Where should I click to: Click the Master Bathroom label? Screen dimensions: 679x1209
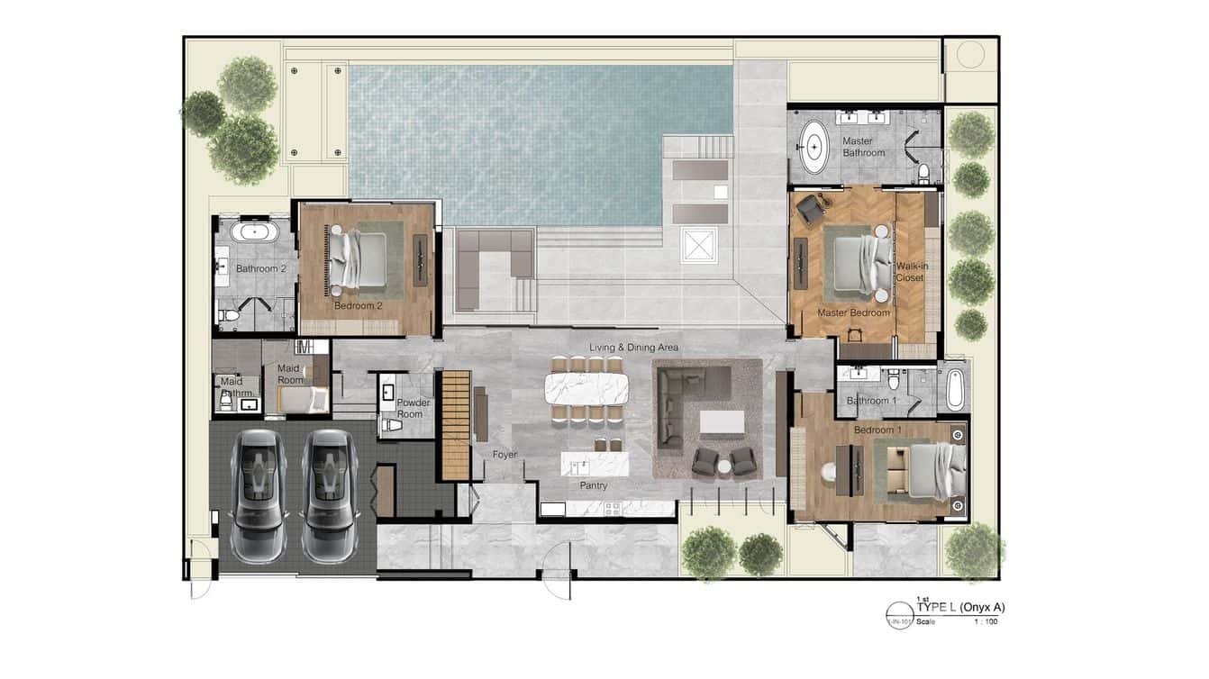pyautogui.click(x=863, y=147)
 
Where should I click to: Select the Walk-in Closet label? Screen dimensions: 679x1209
pyautogui.click(x=910, y=272)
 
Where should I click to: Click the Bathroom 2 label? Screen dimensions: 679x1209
pyautogui.click(x=261, y=268)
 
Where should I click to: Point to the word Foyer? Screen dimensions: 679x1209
pyautogui.click(x=505, y=455)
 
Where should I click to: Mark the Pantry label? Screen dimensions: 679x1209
pyautogui.click(x=594, y=486)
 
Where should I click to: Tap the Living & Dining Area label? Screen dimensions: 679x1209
pyautogui.click(x=633, y=347)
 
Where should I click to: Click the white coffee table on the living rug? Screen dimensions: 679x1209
pyautogui.click(x=723, y=422)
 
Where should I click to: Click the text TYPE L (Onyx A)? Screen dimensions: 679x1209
pyautogui.click(x=960, y=607)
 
